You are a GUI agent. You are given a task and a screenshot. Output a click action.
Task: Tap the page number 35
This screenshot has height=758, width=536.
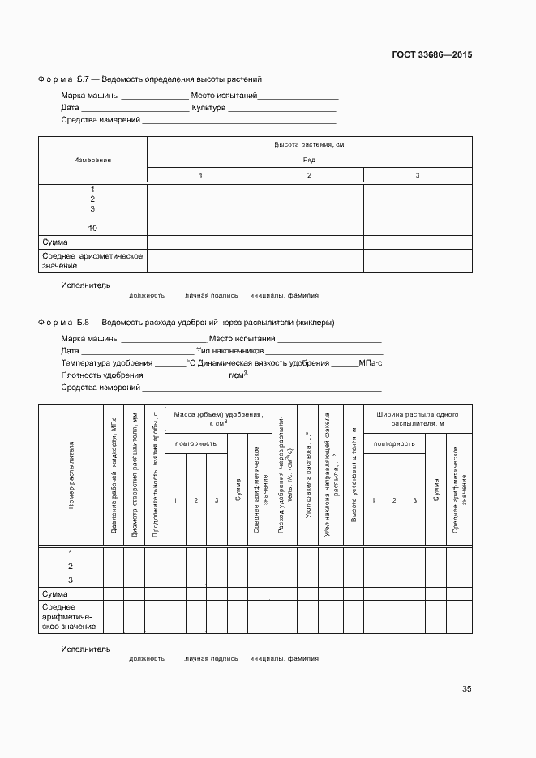coord(466,689)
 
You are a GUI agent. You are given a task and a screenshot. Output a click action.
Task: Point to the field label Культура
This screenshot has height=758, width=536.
coord(208,108)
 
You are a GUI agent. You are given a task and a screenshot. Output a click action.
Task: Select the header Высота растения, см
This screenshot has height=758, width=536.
coord(309,144)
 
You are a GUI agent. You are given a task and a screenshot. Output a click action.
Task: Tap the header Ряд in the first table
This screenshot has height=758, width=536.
coord(309,160)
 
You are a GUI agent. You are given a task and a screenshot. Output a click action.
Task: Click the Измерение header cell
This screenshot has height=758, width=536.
coord(92,160)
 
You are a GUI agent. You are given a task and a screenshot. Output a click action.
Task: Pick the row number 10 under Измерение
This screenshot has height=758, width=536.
coord(92,229)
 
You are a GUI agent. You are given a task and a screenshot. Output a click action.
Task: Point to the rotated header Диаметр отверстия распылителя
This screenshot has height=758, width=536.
coord(135,475)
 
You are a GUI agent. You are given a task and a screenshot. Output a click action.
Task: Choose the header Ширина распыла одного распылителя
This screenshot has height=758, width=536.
coord(418,418)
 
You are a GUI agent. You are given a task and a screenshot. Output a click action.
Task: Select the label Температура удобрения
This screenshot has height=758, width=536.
coord(106,363)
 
